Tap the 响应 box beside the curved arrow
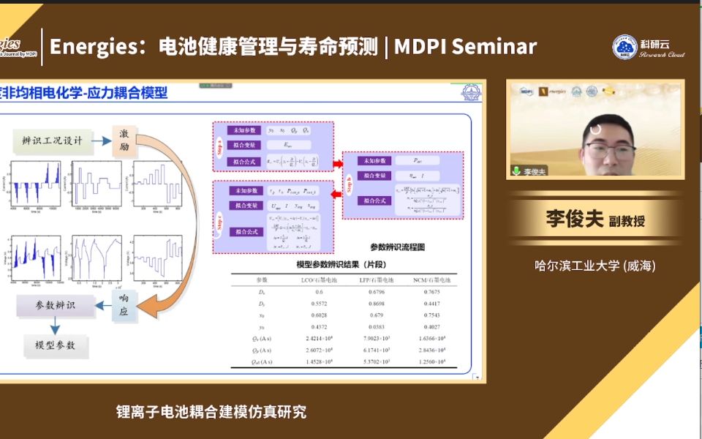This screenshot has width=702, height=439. coord(124,304)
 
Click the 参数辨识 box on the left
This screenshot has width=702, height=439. coord(56,305)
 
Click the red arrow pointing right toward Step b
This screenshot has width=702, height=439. coord(338,163)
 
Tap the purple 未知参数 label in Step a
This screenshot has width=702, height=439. coord(242,130)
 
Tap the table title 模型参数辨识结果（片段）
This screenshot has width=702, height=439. coord(342,264)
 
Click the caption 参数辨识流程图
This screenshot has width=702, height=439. coord(398,247)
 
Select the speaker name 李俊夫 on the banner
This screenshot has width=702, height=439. coord(575,219)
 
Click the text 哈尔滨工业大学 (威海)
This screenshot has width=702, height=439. coord(595,266)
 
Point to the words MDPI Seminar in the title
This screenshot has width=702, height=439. coord(465,47)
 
